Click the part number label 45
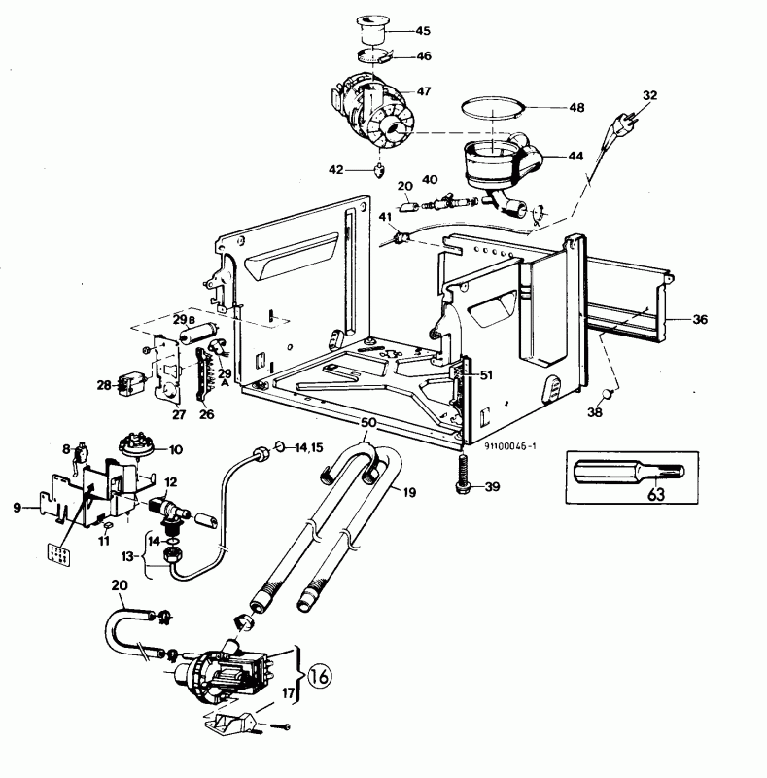coord(423,31)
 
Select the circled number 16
coord(320,675)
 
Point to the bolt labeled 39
coord(462,475)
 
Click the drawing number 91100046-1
coord(510,445)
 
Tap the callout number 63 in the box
coord(656,494)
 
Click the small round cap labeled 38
coord(608,394)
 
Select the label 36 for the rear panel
coord(700,320)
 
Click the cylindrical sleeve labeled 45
coord(372,31)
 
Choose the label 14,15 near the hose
coord(308,448)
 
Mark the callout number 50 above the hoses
coord(367,423)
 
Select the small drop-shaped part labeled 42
coord(379,170)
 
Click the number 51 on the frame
coord(487,375)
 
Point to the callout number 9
coord(17,508)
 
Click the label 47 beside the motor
coord(424,91)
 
